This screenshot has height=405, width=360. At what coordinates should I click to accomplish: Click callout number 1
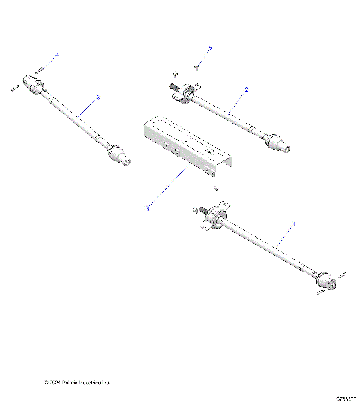293,223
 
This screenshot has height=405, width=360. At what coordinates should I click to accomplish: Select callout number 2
246,88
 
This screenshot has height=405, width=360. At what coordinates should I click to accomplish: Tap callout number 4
57,55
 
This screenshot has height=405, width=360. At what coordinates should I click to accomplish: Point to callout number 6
147,209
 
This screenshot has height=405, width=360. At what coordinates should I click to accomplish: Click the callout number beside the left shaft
97,97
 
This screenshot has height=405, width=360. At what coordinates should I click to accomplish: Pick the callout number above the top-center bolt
211,48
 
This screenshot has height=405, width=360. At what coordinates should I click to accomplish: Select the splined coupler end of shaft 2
279,142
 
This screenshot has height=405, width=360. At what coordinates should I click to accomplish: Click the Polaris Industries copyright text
77,383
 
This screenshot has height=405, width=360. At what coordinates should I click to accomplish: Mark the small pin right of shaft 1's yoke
342,275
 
